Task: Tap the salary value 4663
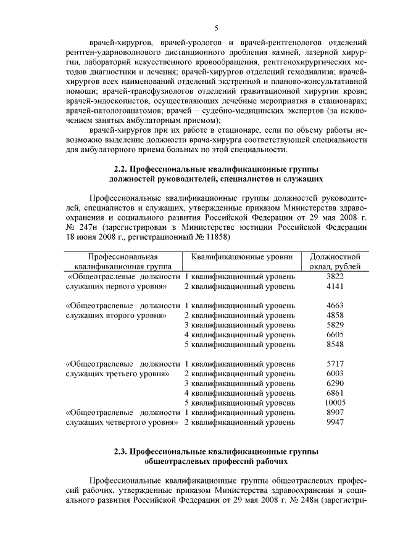[x=335, y=306]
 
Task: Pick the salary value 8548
[x=335, y=344]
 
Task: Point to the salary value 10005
[x=335, y=402]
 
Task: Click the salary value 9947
[x=335, y=422]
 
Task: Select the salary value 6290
[x=335, y=383]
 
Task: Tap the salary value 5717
[x=335, y=364]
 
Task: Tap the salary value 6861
[x=335, y=393]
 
